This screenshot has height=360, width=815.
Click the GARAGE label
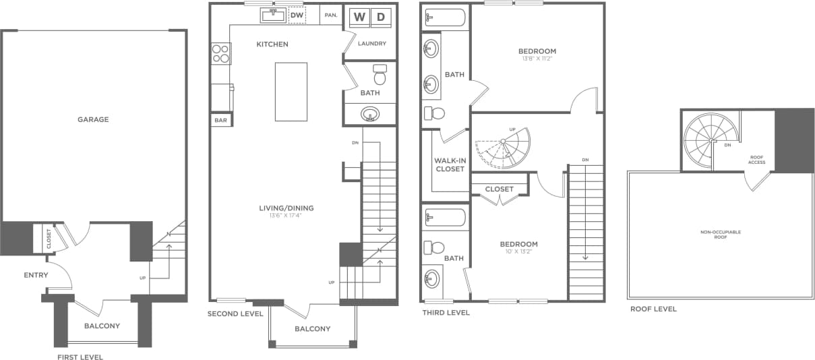[92, 119]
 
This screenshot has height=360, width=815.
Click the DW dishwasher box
[297, 15]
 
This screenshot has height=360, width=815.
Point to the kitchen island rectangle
[291, 92]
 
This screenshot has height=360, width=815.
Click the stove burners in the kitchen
[220, 53]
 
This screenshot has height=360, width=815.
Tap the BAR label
[220, 121]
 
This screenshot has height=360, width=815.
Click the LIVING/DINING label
[286, 208]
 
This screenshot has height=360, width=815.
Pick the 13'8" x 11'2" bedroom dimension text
[537, 59]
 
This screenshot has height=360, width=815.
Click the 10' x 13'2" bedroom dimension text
[518, 252]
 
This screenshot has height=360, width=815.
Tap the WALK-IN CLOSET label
[450, 164]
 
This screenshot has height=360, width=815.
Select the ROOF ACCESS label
[757, 159]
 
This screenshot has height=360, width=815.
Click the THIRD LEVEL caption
[446, 313]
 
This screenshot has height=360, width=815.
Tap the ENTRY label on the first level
[36, 275]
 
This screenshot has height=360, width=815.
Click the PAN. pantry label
[331, 15]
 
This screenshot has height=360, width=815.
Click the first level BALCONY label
[102, 326]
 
